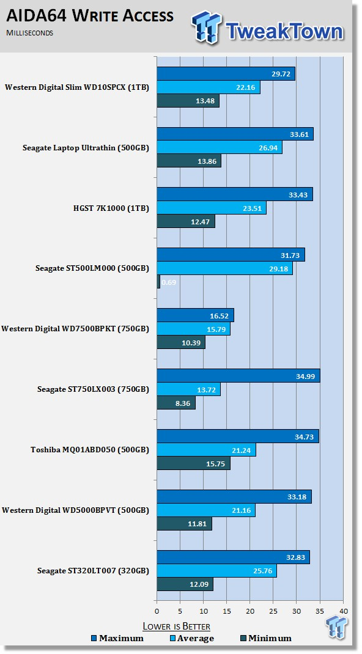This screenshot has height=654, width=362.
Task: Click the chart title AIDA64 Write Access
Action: pos(90,16)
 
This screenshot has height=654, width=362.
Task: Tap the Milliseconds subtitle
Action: pos(29,33)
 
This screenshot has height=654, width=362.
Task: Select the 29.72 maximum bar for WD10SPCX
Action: pos(226,74)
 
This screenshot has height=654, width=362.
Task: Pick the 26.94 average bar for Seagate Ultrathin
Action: pos(220,147)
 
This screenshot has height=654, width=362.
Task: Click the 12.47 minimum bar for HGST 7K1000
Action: pos(186,221)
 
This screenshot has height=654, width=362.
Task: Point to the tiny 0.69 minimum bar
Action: pos(158,282)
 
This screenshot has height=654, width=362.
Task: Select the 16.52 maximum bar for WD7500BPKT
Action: pos(195,315)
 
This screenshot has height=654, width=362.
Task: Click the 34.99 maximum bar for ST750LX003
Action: pos(238,375)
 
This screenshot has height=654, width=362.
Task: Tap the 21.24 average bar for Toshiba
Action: pos(207,450)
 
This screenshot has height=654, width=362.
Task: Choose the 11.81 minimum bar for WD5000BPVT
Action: pos(184,523)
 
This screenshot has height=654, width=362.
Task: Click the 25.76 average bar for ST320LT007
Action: pos(217,571)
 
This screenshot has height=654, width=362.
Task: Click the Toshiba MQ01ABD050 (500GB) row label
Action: pos(90,450)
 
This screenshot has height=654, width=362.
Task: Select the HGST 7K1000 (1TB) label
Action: pos(111,208)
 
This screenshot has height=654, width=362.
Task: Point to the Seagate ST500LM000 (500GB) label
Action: pos(92,268)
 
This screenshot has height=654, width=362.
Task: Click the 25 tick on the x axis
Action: pos(273,611)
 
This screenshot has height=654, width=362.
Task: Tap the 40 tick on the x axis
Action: pos(343,611)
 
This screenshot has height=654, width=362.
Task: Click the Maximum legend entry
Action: pos(117,638)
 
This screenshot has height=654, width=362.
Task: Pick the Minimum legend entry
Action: pos(265,638)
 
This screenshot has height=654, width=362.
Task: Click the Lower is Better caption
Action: pos(176,626)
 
